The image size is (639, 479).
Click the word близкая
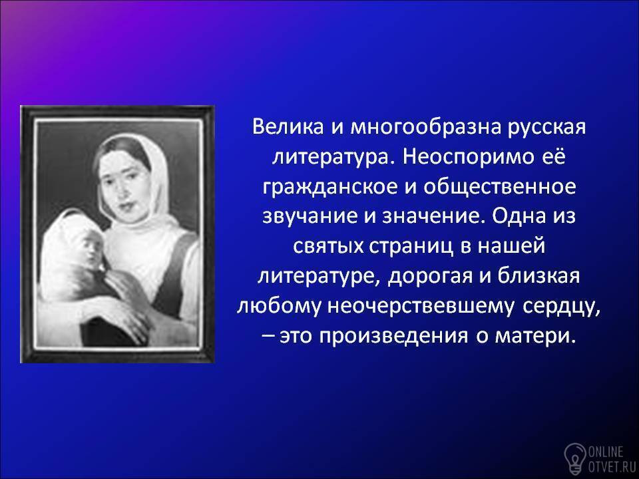click(x=538, y=275)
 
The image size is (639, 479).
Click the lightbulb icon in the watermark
click(x=574, y=458)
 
